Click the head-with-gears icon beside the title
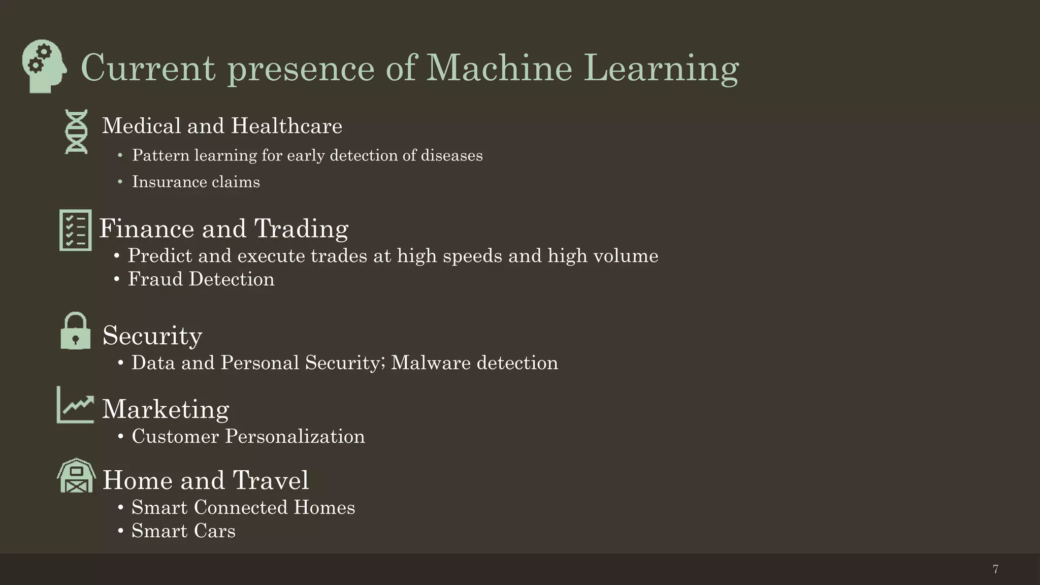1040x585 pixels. click(x=44, y=66)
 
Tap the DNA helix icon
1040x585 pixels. click(x=76, y=132)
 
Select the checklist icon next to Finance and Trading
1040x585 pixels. click(x=76, y=230)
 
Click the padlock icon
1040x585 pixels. click(x=76, y=331)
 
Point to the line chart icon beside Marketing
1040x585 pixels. click(x=76, y=405)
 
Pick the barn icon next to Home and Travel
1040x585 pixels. click(x=76, y=476)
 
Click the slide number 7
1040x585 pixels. click(x=995, y=569)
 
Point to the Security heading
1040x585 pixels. click(x=152, y=336)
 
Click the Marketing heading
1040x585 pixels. click(x=166, y=409)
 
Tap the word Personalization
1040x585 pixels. click(x=295, y=437)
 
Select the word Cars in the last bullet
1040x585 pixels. click(x=214, y=531)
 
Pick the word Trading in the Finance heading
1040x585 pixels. click(x=301, y=229)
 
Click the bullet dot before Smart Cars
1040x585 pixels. click(x=120, y=531)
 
